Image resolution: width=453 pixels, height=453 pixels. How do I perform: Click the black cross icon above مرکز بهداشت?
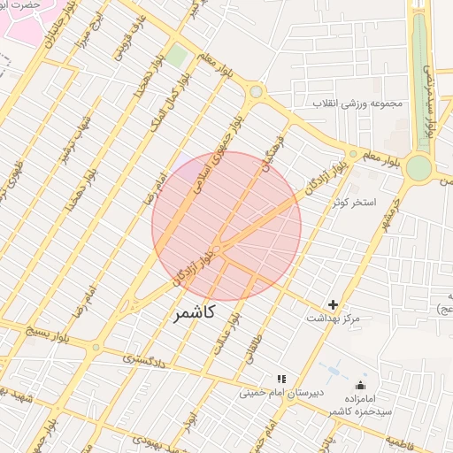[x=334, y=304]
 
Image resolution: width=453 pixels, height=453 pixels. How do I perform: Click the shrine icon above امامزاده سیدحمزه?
[x=360, y=386]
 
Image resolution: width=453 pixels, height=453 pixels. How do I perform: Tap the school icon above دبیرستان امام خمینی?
[x=282, y=379]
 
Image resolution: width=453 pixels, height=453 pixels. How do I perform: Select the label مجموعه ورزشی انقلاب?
[x=357, y=104]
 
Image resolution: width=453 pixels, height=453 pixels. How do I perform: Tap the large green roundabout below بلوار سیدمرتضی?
[x=418, y=167]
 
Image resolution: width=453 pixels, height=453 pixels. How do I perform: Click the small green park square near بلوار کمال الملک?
[x=178, y=56]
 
